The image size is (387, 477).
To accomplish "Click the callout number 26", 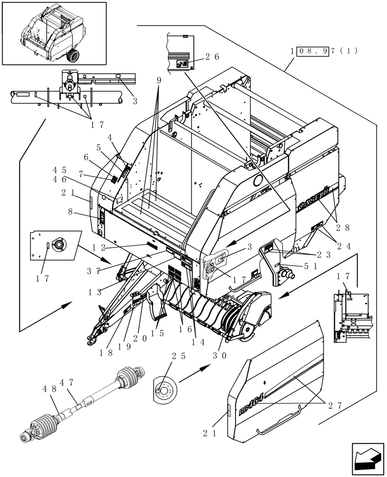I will [x=213, y=56].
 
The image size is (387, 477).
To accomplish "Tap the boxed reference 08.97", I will [x=313, y=51].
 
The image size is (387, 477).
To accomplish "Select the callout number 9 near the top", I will [x=159, y=80].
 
